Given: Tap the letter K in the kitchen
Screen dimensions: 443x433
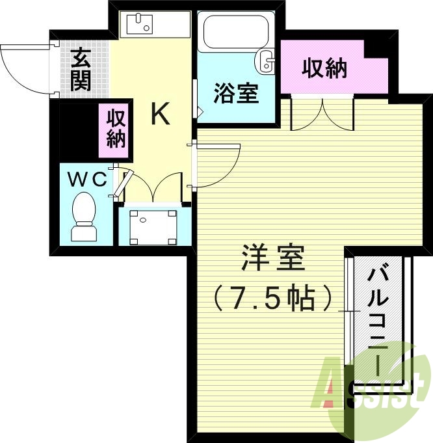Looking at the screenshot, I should (x=161, y=114).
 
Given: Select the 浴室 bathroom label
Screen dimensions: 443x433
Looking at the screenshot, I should (x=237, y=94).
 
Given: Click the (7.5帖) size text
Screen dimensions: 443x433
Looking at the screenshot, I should (x=273, y=298).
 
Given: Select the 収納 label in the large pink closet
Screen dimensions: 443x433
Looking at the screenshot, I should (x=324, y=68).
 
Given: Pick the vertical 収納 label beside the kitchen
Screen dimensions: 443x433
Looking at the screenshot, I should (x=116, y=129).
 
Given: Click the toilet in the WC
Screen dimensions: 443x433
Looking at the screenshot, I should (x=84, y=220).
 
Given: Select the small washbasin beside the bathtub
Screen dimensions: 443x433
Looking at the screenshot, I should (x=267, y=61).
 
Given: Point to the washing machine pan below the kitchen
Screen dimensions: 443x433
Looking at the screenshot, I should (x=153, y=226).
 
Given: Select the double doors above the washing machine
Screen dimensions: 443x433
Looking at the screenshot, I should (x=153, y=187).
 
